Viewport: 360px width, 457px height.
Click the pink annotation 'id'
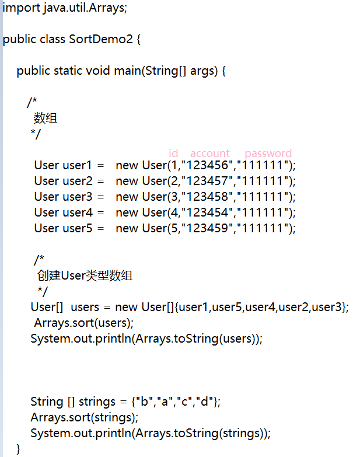click(x=173, y=153)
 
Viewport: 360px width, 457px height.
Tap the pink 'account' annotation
click(x=210, y=153)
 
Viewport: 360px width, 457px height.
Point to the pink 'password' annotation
click(x=268, y=153)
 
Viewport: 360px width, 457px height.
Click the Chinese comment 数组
click(x=46, y=118)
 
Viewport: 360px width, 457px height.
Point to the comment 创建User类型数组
click(x=85, y=275)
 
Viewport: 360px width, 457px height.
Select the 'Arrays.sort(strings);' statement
click(x=85, y=417)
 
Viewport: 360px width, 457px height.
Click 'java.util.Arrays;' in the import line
click(x=85, y=8)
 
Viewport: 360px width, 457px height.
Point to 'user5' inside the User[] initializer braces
click(x=227, y=307)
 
